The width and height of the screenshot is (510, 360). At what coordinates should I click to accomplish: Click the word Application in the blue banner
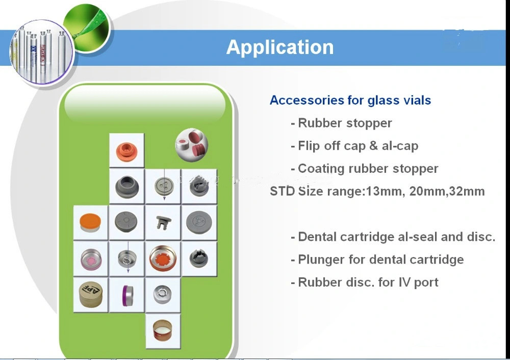pos(280,47)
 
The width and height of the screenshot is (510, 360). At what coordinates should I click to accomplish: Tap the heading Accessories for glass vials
pos(350,100)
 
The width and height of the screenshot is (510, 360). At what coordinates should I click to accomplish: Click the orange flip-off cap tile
pos(90,222)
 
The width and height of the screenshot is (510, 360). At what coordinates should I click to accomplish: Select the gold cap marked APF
pos(91,295)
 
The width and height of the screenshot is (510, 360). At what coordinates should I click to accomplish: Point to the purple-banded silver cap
pos(127,295)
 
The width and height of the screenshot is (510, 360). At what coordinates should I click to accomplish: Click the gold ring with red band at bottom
pos(163,331)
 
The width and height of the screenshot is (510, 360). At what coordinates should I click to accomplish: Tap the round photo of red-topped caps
pos(192,145)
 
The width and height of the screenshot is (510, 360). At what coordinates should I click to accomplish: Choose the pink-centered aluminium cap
pos(91,259)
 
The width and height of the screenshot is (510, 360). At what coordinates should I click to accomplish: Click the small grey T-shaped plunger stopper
pos(163,222)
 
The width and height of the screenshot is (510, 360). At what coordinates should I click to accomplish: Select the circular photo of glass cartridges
pos(42,52)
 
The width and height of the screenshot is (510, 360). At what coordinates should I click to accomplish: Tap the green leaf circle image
pos(87,28)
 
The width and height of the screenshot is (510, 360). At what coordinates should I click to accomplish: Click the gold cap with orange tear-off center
pos(163,259)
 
